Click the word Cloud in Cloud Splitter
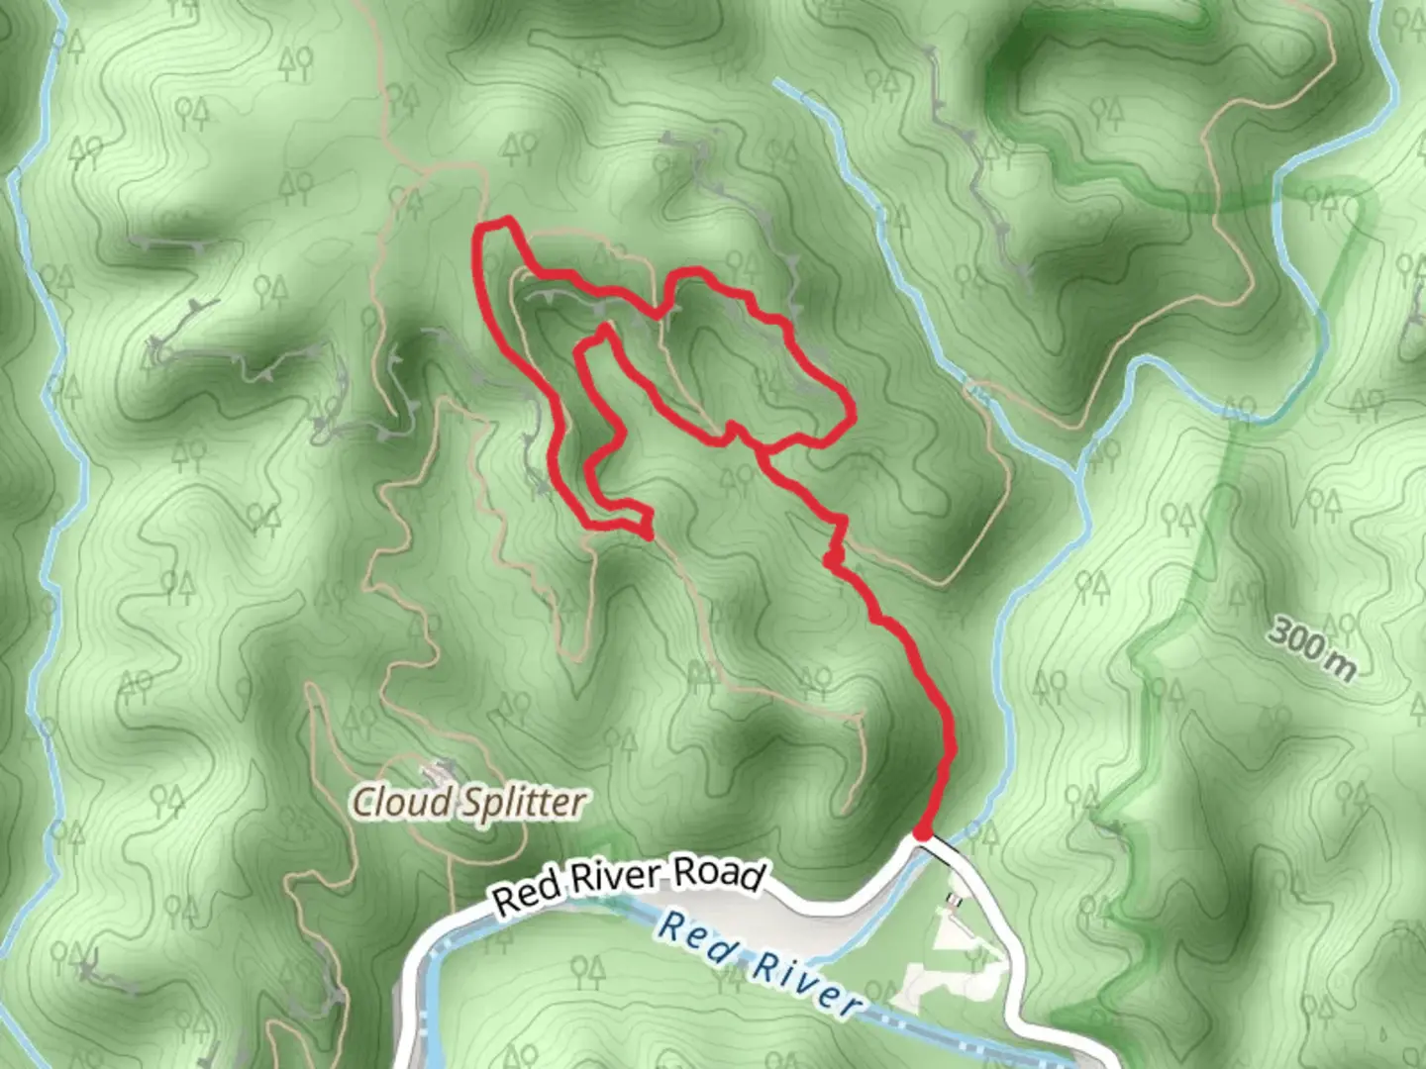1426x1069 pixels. (x=402, y=802)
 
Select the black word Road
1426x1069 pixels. (x=719, y=874)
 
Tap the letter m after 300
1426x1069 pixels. (x=1341, y=666)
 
